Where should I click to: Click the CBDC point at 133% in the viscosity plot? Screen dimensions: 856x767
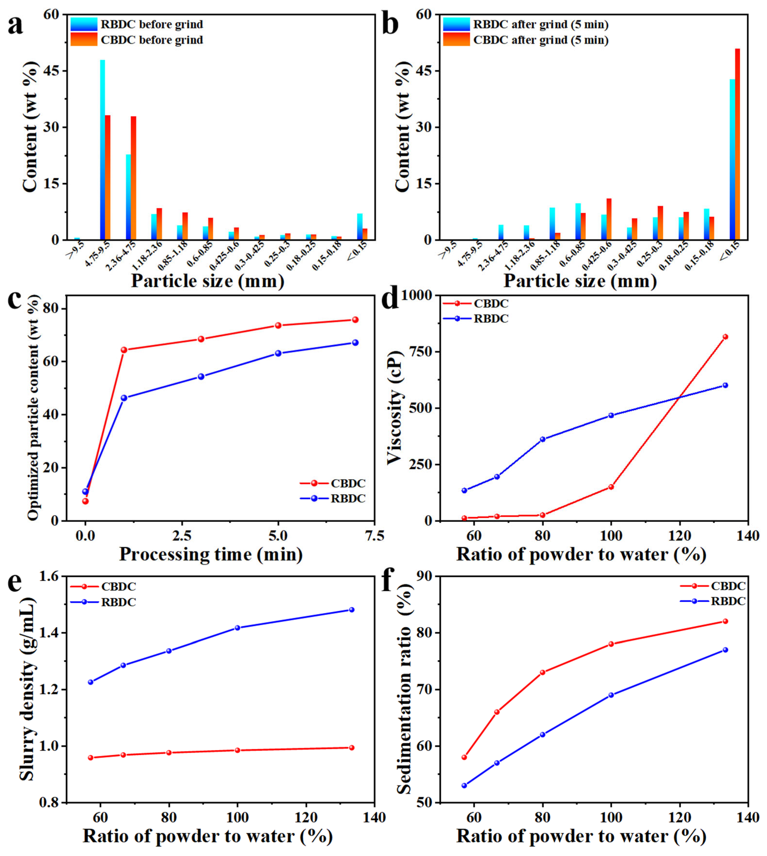pyautogui.click(x=725, y=337)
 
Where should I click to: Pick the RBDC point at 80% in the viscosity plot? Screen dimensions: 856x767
pyautogui.click(x=542, y=439)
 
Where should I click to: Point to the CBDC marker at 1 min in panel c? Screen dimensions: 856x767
pyautogui.click(x=124, y=350)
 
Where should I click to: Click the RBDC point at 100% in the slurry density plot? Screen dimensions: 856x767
pyautogui.click(x=237, y=628)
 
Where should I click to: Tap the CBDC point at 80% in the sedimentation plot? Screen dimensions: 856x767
pyautogui.click(x=542, y=672)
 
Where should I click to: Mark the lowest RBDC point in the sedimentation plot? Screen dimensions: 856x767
pyautogui.click(x=464, y=785)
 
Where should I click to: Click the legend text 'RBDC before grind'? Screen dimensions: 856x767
pyautogui.click(x=152, y=24)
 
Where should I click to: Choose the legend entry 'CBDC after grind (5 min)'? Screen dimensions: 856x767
pyautogui.click(x=541, y=40)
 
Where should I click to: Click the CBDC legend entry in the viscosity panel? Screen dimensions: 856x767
pyautogui.click(x=491, y=303)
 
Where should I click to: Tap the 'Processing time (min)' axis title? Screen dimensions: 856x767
pyautogui.click(x=211, y=554)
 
